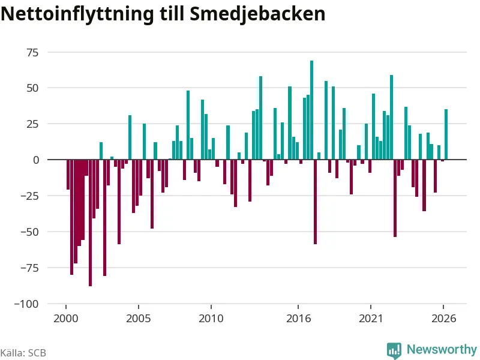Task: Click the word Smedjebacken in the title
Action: click(257, 14)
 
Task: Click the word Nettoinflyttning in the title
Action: click(77, 14)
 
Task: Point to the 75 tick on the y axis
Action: click(33, 53)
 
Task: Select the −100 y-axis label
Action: click(26, 304)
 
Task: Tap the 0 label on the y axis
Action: click(36, 160)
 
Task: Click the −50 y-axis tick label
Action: click(29, 232)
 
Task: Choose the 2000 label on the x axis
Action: click(66, 319)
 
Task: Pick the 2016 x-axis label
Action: click(298, 319)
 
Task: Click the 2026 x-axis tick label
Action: click(443, 319)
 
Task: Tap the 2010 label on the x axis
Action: click(211, 319)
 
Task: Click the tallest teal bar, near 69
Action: click(311, 110)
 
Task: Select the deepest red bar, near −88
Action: click(91, 223)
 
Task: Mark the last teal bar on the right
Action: click(446, 134)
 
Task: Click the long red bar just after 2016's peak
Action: click(316, 202)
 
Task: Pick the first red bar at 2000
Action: click(68, 175)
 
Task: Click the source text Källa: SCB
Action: click(23, 353)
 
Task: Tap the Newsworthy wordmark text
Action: click(442, 349)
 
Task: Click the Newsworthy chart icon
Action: click(394, 350)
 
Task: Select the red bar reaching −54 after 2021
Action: click(395, 199)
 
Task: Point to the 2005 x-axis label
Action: click(139, 319)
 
